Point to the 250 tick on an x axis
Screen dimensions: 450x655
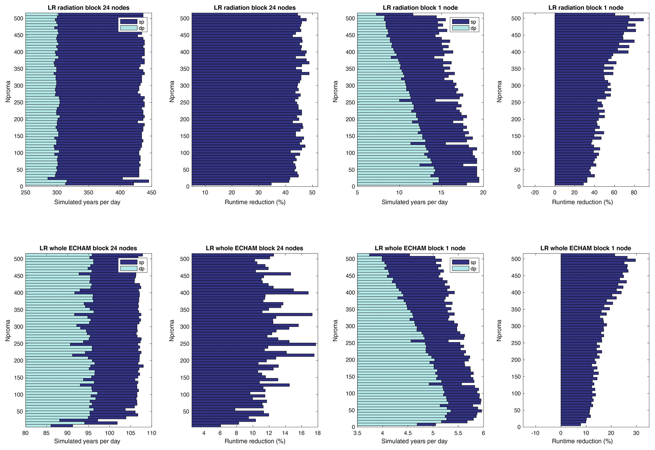click(x=25, y=192)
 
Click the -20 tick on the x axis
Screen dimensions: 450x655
click(x=535, y=192)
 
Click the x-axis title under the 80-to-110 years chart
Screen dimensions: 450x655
click(x=87, y=441)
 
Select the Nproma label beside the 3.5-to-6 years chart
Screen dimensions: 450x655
click(x=335, y=340)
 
